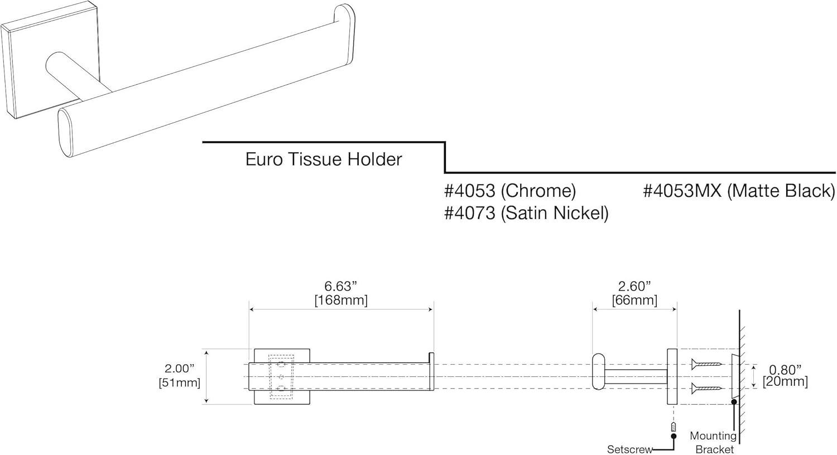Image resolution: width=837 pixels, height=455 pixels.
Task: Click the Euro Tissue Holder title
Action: [324, 159]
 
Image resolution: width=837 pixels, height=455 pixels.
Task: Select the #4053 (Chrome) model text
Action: [509, 191]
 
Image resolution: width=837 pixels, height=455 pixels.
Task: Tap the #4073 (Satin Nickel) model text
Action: [526, 213]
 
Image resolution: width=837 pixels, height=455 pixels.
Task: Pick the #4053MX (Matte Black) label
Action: [739, 191]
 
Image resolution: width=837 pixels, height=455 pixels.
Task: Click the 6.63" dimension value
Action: [340, 287]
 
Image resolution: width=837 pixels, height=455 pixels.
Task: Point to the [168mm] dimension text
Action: [340, 301]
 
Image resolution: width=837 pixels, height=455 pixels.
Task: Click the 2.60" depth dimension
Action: [634, 287]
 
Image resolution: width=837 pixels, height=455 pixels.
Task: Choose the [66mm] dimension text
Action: [634, 301]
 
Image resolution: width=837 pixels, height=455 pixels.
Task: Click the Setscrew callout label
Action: [629, 449]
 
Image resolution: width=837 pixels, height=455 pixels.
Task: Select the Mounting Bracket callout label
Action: [714, 443]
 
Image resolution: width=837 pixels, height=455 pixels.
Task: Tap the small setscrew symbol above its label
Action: [674, 427]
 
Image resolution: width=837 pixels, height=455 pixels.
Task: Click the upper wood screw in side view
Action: [706, 365]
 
